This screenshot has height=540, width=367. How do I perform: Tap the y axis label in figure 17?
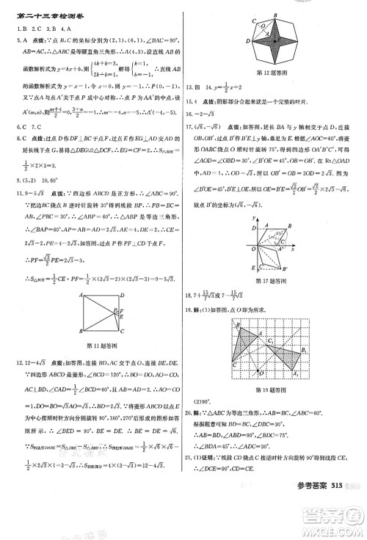[x=252, y=218]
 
